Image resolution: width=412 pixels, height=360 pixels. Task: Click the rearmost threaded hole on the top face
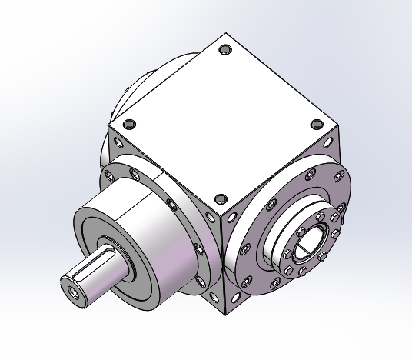coord(224,52)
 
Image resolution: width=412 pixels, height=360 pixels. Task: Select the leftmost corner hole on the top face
coord(128,122)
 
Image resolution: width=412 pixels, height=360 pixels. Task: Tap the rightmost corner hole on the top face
coord(317,124)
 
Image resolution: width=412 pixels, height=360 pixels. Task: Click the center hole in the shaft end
coord(72,293)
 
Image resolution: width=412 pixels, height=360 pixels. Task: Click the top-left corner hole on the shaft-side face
coord(115,142)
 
